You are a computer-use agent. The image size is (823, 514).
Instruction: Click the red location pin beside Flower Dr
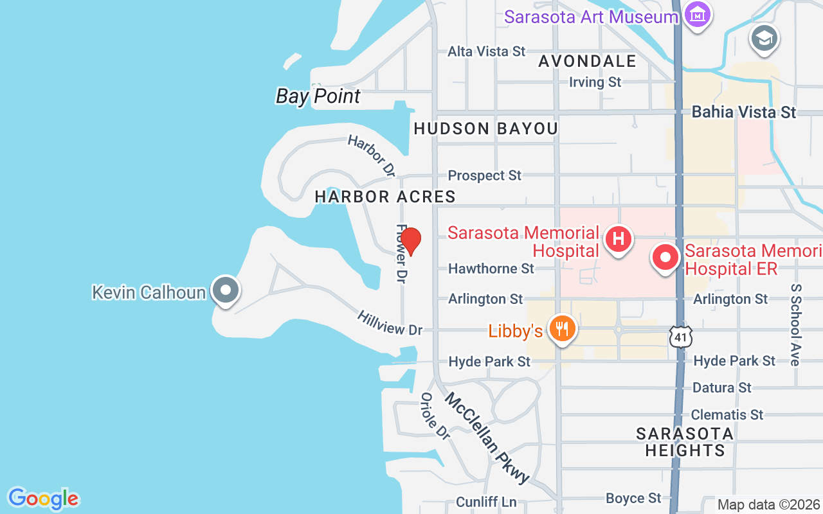click(410, 241)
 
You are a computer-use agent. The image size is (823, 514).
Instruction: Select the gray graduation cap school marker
click(764, 39)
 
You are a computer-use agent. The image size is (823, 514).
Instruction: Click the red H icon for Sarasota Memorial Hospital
click(618, 239)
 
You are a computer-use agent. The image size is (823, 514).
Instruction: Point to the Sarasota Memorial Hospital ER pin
click(665, 258)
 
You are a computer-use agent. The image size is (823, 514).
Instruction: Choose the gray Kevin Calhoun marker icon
click(225, 290)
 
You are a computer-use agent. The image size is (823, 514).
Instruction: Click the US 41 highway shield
click(680, 336)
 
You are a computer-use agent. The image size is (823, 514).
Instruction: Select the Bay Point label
click(318, 96)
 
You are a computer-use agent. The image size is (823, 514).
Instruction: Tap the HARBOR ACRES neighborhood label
click(385, 197)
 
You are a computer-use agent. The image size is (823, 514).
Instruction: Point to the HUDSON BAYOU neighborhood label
click(485, 128)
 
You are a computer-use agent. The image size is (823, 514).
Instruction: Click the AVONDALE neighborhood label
click(587, 61)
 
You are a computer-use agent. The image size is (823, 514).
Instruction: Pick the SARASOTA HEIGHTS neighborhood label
click(685, 442)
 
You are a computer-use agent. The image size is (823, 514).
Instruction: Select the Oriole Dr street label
click(435, 416)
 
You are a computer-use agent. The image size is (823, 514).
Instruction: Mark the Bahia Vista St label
click(743, 112)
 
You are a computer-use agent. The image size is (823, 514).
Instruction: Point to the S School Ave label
click(796, 324)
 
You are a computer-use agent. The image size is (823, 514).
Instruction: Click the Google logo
click(43, 498)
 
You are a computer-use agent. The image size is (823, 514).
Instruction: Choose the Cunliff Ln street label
click(486, 502)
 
